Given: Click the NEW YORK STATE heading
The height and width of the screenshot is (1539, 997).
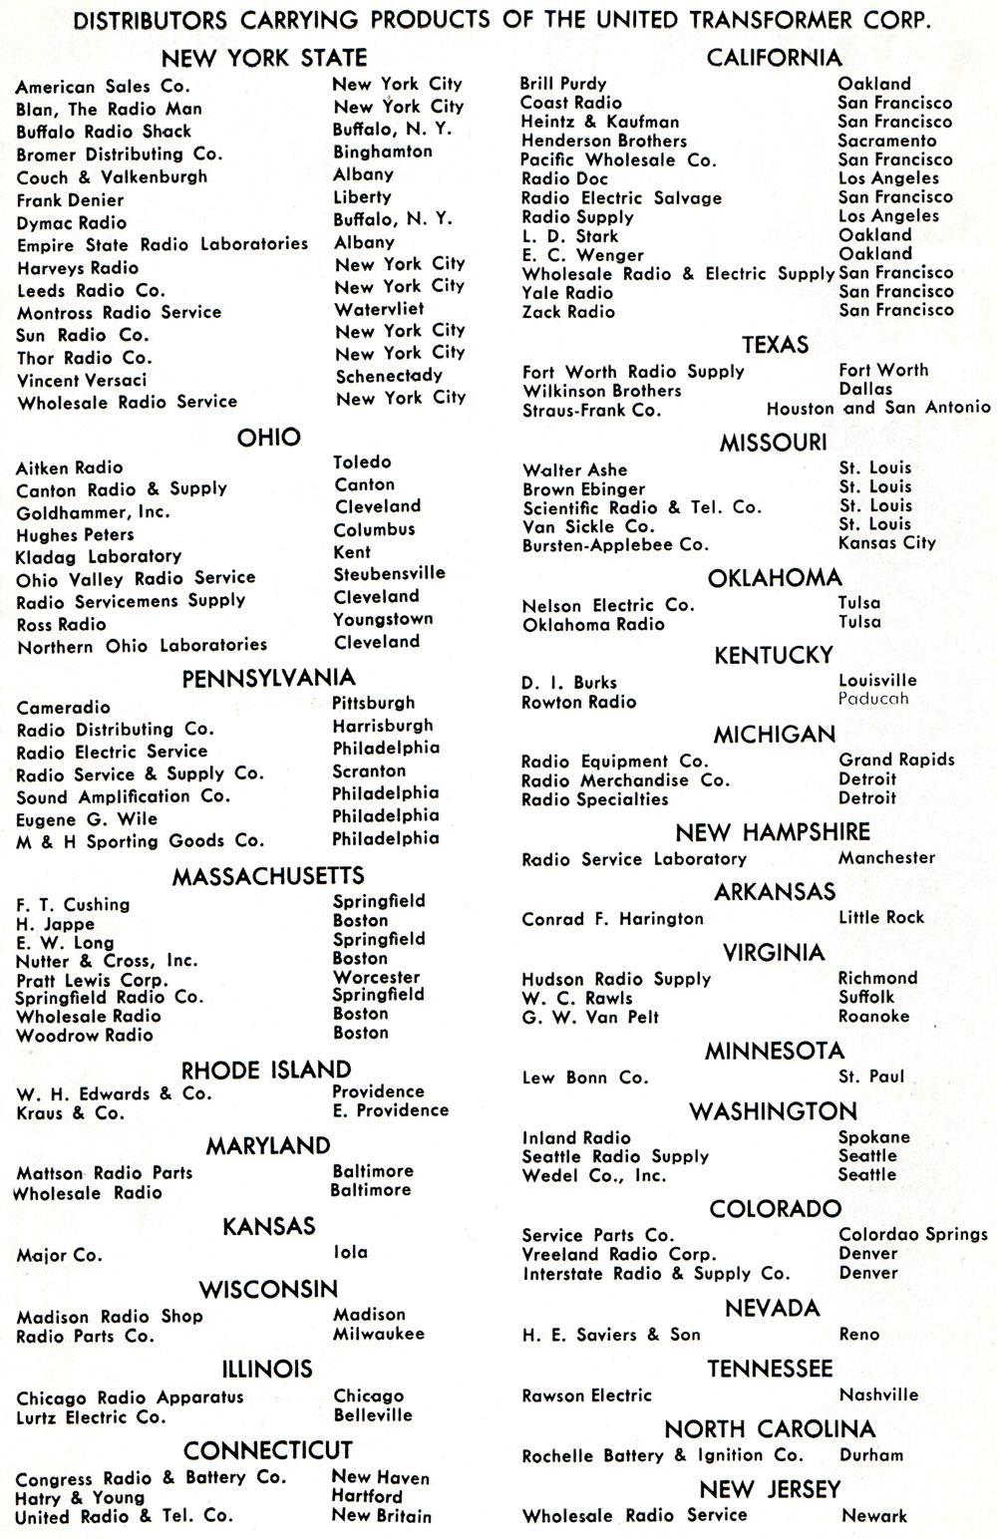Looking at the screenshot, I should click(x=264, y=58).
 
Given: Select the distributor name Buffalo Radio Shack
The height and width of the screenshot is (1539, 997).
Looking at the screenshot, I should click(x=104, y=132).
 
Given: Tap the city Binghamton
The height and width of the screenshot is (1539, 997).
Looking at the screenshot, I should click(x=383, y=152).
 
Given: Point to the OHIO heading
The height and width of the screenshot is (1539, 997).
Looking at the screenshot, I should click(x=268, y=437).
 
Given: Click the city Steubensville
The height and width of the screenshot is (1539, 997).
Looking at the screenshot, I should click(x=389, y=573).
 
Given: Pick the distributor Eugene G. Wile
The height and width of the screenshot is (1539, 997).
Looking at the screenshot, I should click(x=87, y=819).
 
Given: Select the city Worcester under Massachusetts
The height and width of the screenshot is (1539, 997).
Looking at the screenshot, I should click(x=376, y=977).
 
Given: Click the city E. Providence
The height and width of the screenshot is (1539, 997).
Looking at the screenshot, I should click(x=390, y=1110).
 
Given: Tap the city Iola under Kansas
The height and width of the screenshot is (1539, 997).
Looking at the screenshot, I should click(x=350, y=1252).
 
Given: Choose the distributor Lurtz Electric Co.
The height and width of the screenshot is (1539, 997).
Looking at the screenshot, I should click(x=91, y=1416).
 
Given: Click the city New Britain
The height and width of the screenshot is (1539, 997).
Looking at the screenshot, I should click(x=381, y=1516).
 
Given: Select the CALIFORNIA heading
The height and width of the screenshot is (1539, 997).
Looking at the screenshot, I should click(x=774, y=58).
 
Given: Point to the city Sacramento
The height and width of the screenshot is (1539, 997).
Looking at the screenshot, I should click(x=887, y=141).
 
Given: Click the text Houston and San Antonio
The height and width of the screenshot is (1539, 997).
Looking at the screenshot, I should click(x=878, y=407).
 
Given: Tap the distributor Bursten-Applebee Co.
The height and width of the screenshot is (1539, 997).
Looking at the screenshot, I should click(x=615, y=545).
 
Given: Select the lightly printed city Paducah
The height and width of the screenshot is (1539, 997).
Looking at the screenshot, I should click(x=873, y=699).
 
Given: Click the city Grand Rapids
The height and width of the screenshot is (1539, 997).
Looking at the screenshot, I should click(x=896, y=760).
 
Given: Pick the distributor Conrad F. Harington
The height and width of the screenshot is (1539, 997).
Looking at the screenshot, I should click(x=612, y=919).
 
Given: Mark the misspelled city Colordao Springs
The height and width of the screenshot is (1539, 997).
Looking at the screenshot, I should click(x=912, y=1234).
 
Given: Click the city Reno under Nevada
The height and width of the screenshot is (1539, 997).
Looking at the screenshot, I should click(x=859, y=1334).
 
